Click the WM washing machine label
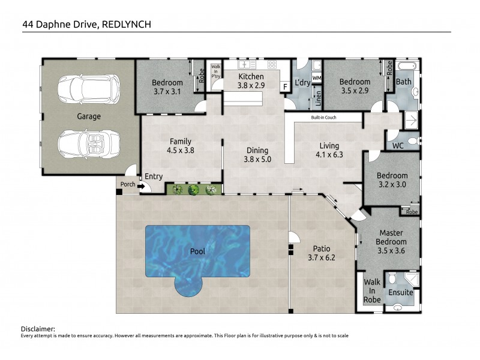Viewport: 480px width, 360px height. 317,79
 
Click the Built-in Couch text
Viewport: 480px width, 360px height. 323,118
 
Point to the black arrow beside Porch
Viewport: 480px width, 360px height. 141,185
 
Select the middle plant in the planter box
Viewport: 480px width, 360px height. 193,190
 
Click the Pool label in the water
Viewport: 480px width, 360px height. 197,251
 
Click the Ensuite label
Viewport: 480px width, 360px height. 401,293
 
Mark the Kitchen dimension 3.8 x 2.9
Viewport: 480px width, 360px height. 251,86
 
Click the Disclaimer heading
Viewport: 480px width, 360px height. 38,329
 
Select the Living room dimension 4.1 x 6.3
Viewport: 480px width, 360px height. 329,155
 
